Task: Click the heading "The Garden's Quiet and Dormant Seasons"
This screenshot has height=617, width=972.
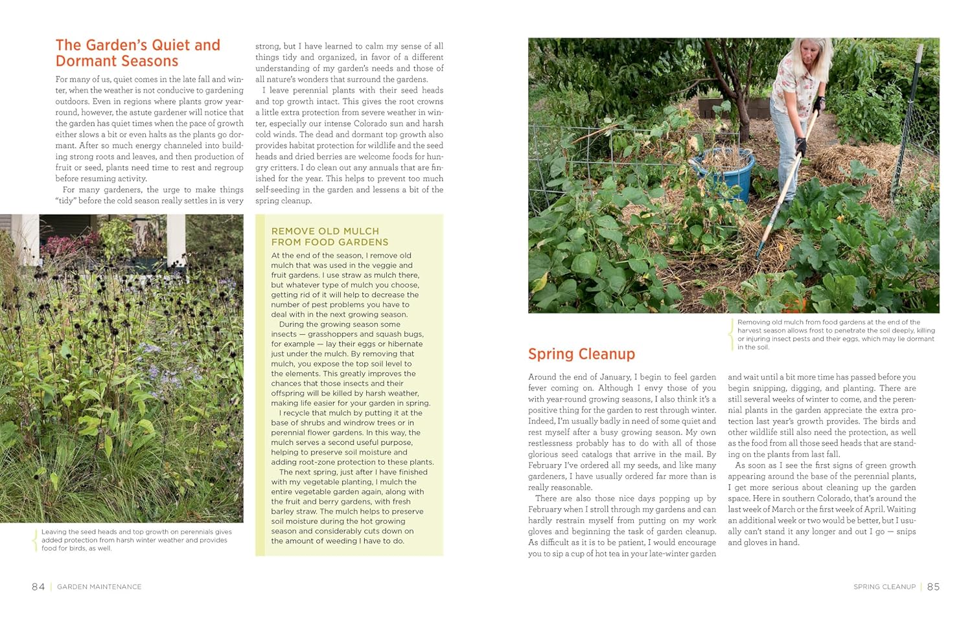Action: pyautogui.click(x=137, y=53)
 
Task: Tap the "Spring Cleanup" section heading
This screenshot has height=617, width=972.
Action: pyautogui.click(x=581, y=354)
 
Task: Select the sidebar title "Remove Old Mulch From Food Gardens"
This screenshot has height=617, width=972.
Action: pyautogui.click(x=329, y=236)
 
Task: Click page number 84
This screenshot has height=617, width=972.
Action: pyautogui.click(x=38, y=587)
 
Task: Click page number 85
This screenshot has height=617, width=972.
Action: pyautogui.click(x=933, y=587)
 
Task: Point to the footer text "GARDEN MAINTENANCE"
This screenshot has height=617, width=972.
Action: pyautogui.click(x=99, y=587)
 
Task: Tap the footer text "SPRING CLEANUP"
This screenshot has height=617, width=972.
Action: pyautogui.click(x=884, y=587)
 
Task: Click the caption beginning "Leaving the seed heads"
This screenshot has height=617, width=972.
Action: pyautogui.click(x=136, y=540)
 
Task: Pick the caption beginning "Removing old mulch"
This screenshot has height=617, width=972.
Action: pyautogui.click(x=836, y=334)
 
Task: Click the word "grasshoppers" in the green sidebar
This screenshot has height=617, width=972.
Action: pyautogui.click(x=336, y=334)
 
